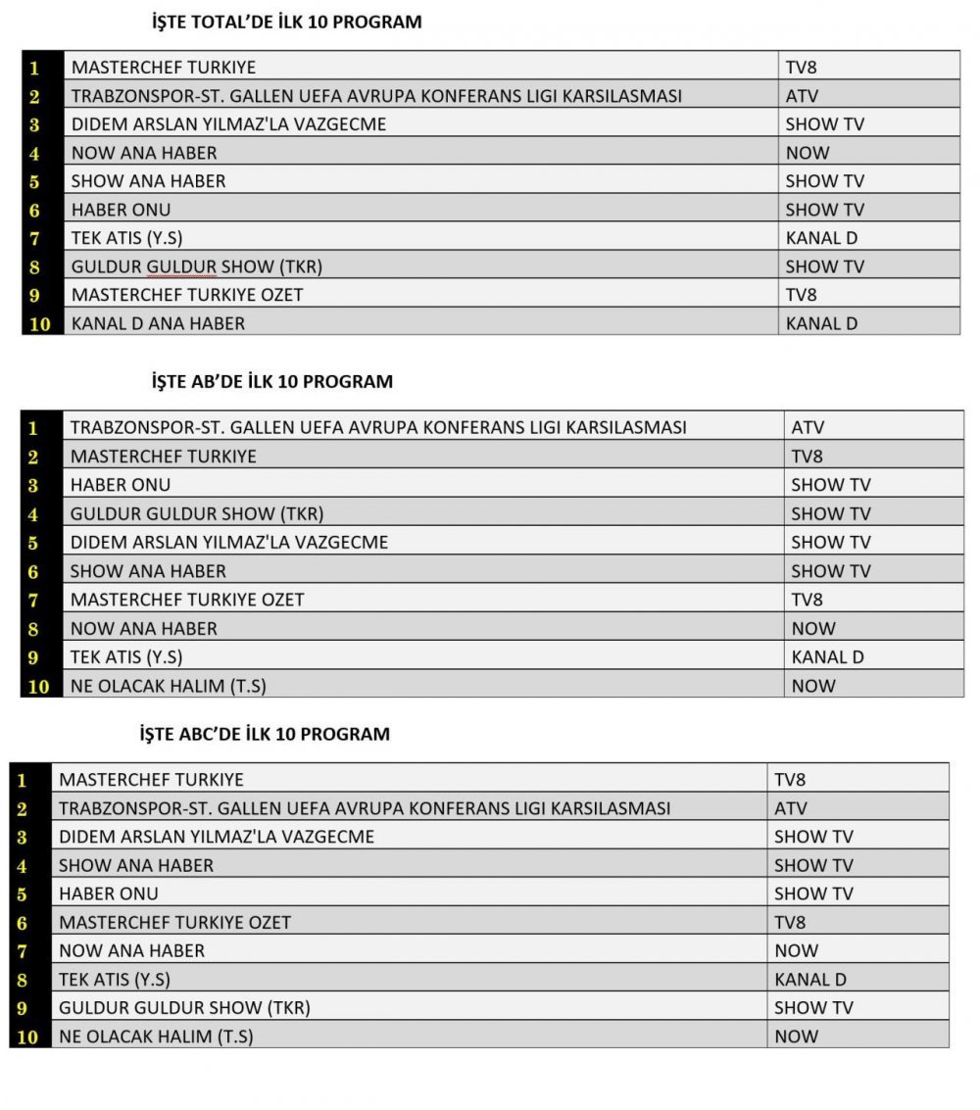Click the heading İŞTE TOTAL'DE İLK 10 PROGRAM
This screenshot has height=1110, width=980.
pos(287,22)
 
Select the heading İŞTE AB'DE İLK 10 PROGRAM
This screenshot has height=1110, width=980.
pos(272,382)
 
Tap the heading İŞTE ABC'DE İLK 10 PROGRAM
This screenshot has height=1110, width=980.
pos(265,734)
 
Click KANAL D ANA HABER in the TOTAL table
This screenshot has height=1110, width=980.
pos(158,322)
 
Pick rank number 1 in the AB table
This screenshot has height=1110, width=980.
pos(33,428)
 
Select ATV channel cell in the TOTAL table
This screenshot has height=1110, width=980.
pos(802,96)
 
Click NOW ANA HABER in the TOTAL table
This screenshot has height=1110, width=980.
pos(144,153)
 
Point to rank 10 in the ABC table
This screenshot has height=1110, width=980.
pos(27,1037)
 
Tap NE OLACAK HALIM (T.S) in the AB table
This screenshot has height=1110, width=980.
pos(168,686)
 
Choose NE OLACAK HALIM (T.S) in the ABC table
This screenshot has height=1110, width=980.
pos(156,1036)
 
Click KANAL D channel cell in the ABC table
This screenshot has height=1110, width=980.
pos(809,979)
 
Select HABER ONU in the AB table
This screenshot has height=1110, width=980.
pos(121,485)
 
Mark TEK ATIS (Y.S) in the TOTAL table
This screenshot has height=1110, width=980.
pos(126,237)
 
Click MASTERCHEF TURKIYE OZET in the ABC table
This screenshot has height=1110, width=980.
pos(174,922)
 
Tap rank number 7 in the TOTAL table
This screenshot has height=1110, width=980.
pos(34,238)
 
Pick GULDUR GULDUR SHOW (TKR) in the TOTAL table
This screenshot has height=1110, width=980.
pos(196,266)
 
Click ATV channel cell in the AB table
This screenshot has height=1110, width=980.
pos(808,428)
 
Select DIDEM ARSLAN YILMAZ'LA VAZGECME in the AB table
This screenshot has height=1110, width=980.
pos(228,542)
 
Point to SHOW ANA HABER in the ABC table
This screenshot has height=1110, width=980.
pos(136,865)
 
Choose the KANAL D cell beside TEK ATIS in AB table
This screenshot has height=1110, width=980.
pos(827,657)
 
